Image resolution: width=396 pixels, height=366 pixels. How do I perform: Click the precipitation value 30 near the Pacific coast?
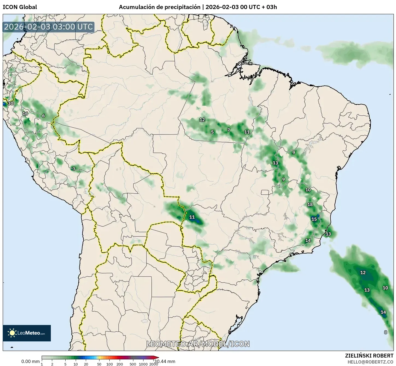(10, 103)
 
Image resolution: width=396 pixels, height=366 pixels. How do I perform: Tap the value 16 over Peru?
(25, 113)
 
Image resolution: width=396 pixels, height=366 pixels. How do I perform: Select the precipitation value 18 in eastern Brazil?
(310, 204)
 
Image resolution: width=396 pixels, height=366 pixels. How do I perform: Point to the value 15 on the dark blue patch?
(314, 219)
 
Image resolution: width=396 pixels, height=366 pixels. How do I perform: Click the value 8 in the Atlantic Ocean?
(386, 332)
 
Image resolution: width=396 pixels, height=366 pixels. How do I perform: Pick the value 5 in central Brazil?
(212, 132)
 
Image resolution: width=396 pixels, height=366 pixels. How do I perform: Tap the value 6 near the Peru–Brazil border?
(43, 116)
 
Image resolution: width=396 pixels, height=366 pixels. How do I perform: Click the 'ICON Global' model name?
(20, 7)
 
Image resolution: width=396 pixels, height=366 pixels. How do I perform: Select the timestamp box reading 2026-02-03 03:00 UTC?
(48, 27)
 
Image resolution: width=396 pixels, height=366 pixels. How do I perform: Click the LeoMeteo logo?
(27, 333)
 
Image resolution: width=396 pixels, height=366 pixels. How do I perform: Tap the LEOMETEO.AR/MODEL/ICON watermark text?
(198, 344)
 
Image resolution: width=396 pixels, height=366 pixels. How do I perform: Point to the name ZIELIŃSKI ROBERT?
(369, 356)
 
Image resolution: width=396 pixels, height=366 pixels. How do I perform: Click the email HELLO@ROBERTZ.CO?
(370, 362)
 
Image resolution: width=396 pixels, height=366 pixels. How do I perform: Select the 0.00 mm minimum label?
(30, 361)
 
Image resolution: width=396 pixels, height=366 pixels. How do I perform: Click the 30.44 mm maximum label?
(165, 361)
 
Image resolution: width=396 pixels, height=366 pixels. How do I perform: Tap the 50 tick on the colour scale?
(99, 364)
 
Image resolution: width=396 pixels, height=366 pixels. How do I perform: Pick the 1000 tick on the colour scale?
(143, 364)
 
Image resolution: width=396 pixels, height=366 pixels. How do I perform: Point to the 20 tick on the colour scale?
(86, 364)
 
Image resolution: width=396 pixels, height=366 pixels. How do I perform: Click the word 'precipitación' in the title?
(182, 7)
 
